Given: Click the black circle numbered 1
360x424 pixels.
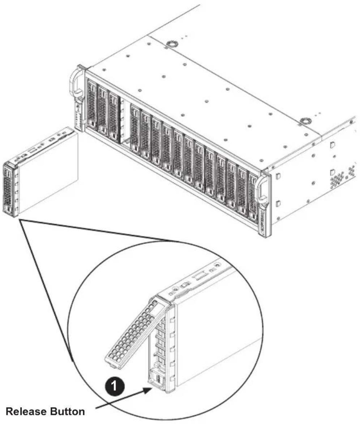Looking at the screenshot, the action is click(115, 386).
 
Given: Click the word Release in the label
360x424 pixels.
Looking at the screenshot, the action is click(25, 412).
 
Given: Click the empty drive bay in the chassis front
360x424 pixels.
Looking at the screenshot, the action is click(124, 122).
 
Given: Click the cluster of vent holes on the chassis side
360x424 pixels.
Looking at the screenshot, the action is click(338, 179).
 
